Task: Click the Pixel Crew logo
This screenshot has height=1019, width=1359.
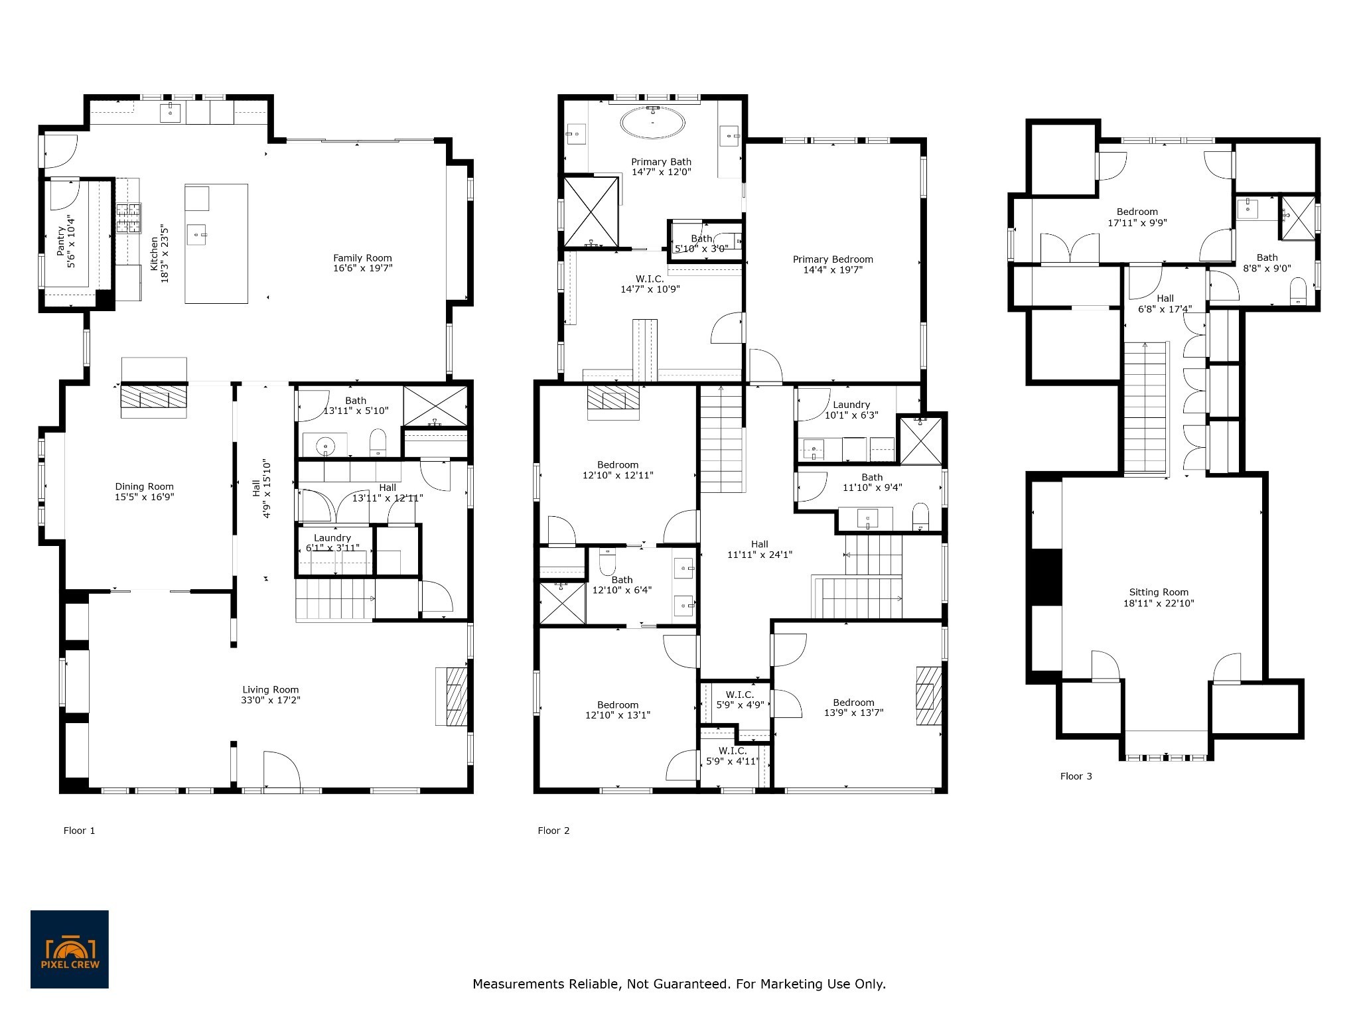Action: [x=70, y=949]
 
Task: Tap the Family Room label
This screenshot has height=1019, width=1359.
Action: [x=362, y=258]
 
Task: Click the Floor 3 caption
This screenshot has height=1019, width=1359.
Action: [x=1076, y=776]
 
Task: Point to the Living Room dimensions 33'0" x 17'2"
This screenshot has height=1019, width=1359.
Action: [x=271, y=700]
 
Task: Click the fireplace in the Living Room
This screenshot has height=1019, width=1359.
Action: [x=452, y=696]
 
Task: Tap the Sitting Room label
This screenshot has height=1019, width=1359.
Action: [x=1159, y=592]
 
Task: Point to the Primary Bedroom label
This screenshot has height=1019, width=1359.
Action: [x=833, y=259]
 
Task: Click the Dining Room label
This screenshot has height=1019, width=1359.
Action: [x=144, y=486]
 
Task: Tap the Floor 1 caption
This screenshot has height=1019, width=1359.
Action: [x=79, y=831]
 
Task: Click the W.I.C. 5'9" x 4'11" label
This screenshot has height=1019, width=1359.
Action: [x=732, y=756]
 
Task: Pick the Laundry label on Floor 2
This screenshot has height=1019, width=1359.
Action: [x=851, y=405]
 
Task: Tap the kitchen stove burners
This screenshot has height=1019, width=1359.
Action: [x=129, y=218]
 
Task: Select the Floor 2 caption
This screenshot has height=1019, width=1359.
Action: [x=553, y=831]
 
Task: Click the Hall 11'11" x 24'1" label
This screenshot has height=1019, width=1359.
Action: [x=760, y=549]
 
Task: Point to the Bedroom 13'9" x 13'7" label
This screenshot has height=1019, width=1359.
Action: [x=853, y=708]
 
